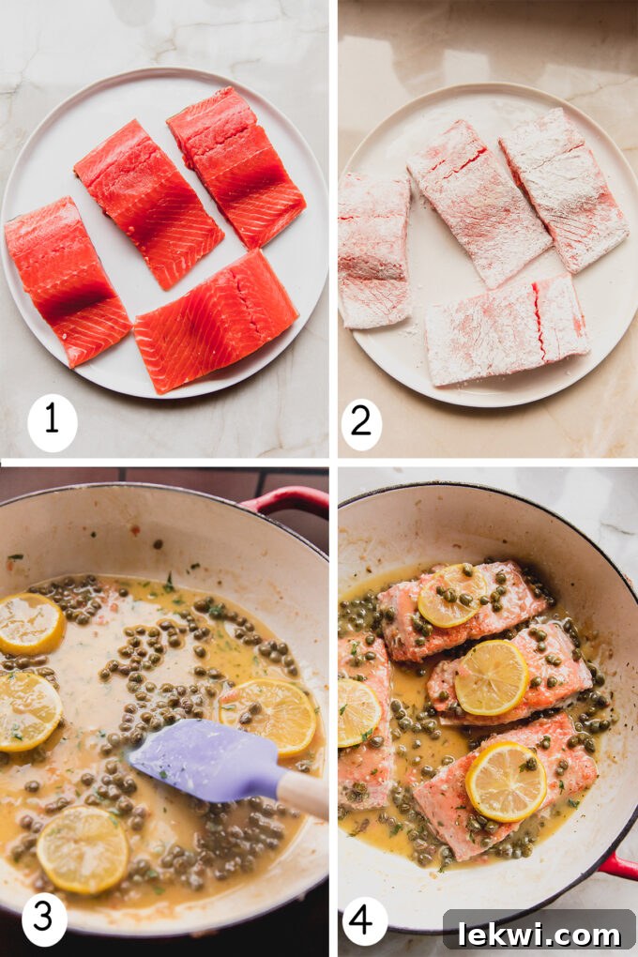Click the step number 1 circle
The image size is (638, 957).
(52, 422)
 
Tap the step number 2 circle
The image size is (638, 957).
(361, 424)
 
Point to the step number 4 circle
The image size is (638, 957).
(365, 920)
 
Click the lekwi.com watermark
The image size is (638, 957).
(539, 933)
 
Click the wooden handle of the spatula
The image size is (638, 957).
(303, 794)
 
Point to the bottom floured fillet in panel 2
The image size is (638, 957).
(507, 329)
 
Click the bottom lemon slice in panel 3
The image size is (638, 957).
(83, 849)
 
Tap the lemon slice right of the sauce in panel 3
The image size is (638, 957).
(269, 717)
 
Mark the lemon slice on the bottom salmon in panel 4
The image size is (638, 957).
(507, 782)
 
